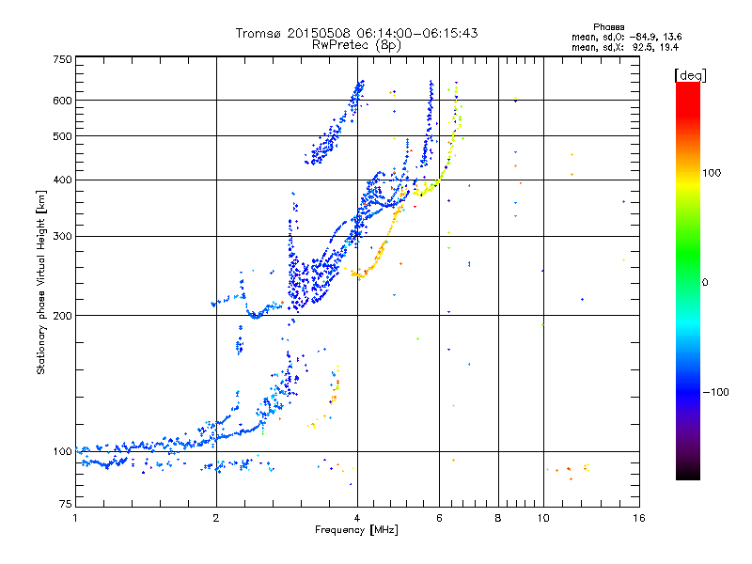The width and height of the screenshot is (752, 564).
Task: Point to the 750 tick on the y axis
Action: (x=62, y=59)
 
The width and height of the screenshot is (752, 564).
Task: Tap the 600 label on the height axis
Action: (x=62, y=101)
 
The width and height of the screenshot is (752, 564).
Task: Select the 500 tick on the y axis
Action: (x=62, y=136)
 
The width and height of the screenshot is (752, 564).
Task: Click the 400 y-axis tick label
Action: (x=62, y=180)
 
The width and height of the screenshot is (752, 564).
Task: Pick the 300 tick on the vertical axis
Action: (x=62, y=236)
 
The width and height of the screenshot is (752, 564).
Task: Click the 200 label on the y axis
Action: (x=62, y=316)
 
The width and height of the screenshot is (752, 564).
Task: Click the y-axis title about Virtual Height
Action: (x=41, y=282)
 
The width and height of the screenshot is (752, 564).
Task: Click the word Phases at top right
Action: (x=611, y=26)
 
